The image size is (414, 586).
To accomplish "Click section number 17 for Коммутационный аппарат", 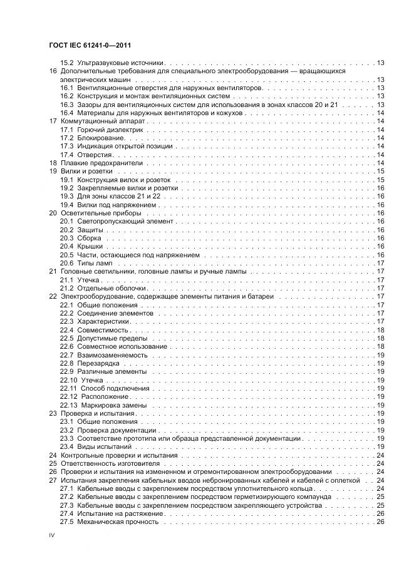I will click(x=53, y=120).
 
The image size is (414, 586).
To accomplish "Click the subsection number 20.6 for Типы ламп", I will click(x=67, y=263).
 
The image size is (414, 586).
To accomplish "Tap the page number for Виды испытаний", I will click(x=380, y=446).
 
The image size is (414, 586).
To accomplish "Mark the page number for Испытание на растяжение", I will click(x=380, y=513).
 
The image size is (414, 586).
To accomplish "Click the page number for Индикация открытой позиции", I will click(x=380, y=145).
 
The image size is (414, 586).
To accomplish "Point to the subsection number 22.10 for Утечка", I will click(x=69, y=380).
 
